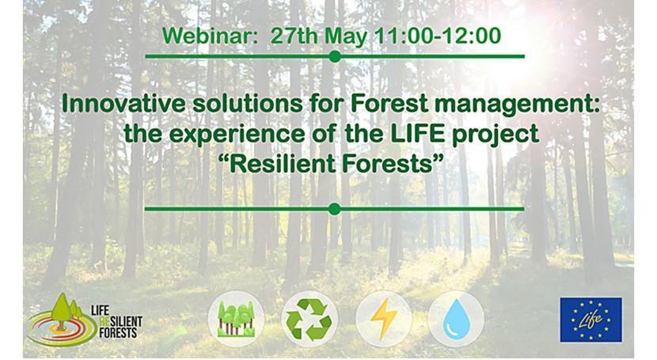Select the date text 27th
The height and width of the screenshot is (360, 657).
[294, 36]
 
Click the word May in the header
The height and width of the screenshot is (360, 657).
[342, 36]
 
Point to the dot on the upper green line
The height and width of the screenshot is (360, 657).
[335, 56]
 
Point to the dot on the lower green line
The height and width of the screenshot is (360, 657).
[334, 209]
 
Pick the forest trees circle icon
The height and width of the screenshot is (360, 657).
[236, 318]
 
